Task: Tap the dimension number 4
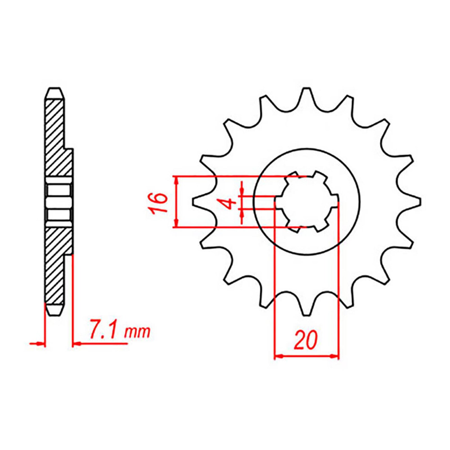point(231,203)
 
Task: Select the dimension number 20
point(306,340)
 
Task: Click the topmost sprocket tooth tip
point(307,89)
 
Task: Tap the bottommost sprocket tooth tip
point(307,315)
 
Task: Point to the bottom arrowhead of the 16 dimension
point(176,224)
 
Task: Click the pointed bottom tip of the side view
point(54,315)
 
